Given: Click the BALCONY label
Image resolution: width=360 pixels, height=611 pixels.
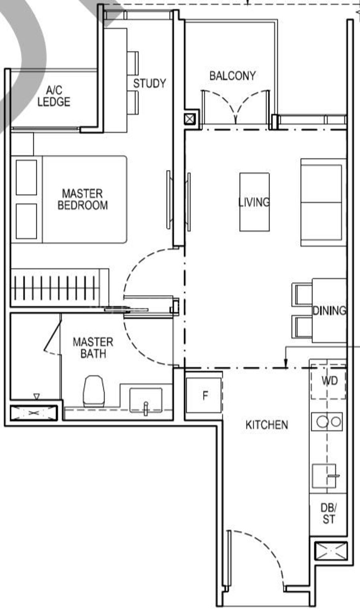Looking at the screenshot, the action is click(232, 76).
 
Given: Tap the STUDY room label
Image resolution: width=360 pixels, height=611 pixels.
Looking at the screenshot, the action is click(150, 83).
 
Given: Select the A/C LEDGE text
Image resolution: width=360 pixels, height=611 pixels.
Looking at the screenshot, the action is click(54, 96).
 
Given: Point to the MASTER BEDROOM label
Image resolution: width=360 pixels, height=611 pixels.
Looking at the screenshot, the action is click(83, 199).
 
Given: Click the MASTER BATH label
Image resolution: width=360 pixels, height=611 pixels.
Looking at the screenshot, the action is click(93, 348).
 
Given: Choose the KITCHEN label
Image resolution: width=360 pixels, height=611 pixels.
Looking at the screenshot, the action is click(267, 425).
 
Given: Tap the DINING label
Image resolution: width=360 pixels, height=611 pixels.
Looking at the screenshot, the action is click(329, 311).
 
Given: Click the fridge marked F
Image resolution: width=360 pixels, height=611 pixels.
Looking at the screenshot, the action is click(204, 395).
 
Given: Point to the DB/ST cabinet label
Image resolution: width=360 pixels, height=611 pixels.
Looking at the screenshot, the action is click(329, 513).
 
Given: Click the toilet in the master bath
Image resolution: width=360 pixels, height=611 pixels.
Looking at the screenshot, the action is click(94, 391).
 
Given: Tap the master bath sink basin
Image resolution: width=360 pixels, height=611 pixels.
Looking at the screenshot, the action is click(146, 400).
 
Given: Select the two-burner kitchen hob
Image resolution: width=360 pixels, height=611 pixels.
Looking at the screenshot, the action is click(327, 422).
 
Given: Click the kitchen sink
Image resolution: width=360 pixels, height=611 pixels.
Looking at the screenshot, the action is click(324, 476).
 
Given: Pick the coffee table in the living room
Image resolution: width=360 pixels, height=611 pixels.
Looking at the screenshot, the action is click(254, 202).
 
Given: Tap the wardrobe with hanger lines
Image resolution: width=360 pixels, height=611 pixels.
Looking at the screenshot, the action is click(60, 288).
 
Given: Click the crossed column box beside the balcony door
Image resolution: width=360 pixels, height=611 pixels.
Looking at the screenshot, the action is click(190, 119).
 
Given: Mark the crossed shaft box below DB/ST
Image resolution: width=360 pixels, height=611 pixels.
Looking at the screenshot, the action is click(331, 551).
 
